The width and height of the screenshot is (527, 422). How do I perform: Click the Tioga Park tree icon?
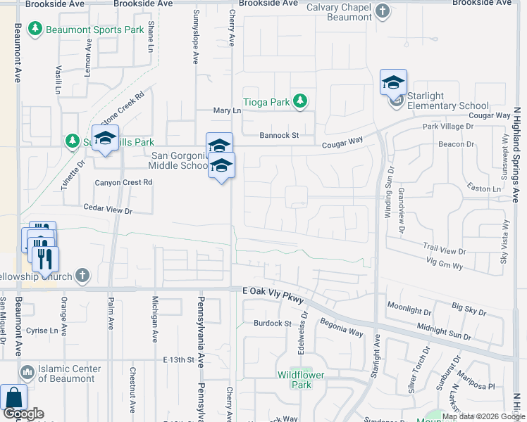(300, 101)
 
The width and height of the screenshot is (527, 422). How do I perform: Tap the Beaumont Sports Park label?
(94, 30)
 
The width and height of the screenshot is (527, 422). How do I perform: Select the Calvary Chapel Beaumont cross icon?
(382, 11)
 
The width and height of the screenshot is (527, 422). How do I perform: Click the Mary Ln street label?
(227, 111)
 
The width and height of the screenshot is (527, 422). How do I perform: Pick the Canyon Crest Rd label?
(123, 182)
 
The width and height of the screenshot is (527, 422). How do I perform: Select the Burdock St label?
(273, 324)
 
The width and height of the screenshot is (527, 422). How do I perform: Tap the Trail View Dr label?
(445, 249)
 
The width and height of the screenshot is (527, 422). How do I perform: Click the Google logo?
(23, 414)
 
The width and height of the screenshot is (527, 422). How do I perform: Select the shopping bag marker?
(13, 398)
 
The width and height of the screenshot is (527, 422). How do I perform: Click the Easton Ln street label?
(484, 188)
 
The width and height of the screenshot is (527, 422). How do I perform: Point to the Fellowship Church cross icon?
(82, 275)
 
